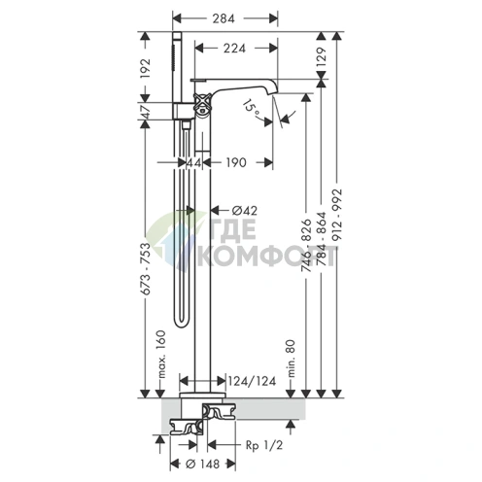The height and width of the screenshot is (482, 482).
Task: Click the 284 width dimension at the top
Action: point(224,18)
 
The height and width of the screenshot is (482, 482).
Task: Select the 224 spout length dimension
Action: point(234,49)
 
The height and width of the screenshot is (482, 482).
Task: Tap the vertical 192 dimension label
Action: point(146,68)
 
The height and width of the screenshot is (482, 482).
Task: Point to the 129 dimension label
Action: point(321,57)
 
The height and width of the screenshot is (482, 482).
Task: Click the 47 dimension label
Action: point(146,112)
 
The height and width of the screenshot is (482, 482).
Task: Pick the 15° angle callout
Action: point(252,108)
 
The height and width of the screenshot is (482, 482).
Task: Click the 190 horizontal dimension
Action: point(236,162)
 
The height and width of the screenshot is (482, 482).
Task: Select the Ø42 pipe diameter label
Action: point(245,211)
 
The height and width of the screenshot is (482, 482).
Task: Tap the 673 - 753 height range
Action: point(146,269)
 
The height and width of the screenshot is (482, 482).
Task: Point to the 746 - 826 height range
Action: point(306,245)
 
